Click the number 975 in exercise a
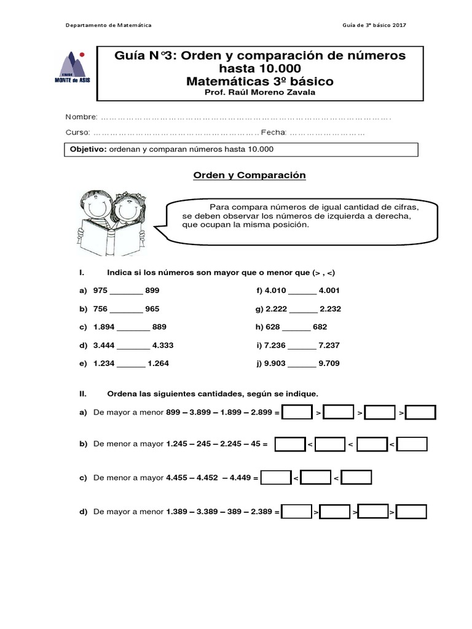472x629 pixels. click(100, 291)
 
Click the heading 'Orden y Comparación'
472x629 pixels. click(250, 175)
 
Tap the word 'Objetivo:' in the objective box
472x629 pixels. click(88, 149)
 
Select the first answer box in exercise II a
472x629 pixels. click(297, 413)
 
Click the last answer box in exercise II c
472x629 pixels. click(356, 477)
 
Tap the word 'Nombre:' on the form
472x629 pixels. click(81, 117)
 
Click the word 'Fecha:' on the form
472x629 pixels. click(273, 133)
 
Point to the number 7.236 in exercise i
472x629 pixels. click(274, 345)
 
